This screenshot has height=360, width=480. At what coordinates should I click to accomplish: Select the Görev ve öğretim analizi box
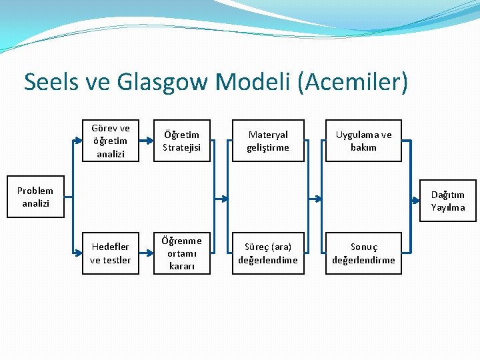[111, 141]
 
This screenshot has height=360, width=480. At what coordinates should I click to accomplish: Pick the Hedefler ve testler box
[111, 253]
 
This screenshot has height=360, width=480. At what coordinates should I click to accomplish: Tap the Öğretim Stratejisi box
[181, 141]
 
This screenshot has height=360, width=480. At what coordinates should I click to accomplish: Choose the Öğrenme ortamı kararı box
[181, 253]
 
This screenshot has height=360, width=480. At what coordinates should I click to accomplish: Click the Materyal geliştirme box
[268, 141]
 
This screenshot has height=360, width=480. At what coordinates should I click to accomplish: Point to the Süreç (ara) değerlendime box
[268, 253]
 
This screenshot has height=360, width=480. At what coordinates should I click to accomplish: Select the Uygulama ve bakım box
[363, 141]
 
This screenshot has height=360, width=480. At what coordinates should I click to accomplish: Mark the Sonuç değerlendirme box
[363, 253]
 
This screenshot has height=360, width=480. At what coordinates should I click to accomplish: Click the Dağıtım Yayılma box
[448, 201]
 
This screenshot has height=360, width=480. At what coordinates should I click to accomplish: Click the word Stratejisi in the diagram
[181, 147]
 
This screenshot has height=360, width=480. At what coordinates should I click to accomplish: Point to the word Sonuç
[364, 247]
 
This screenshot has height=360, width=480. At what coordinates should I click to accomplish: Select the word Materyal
[268, 135]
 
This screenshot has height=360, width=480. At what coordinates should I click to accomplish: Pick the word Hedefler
[111, 247]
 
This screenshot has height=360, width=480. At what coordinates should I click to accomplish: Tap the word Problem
[35, 191]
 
